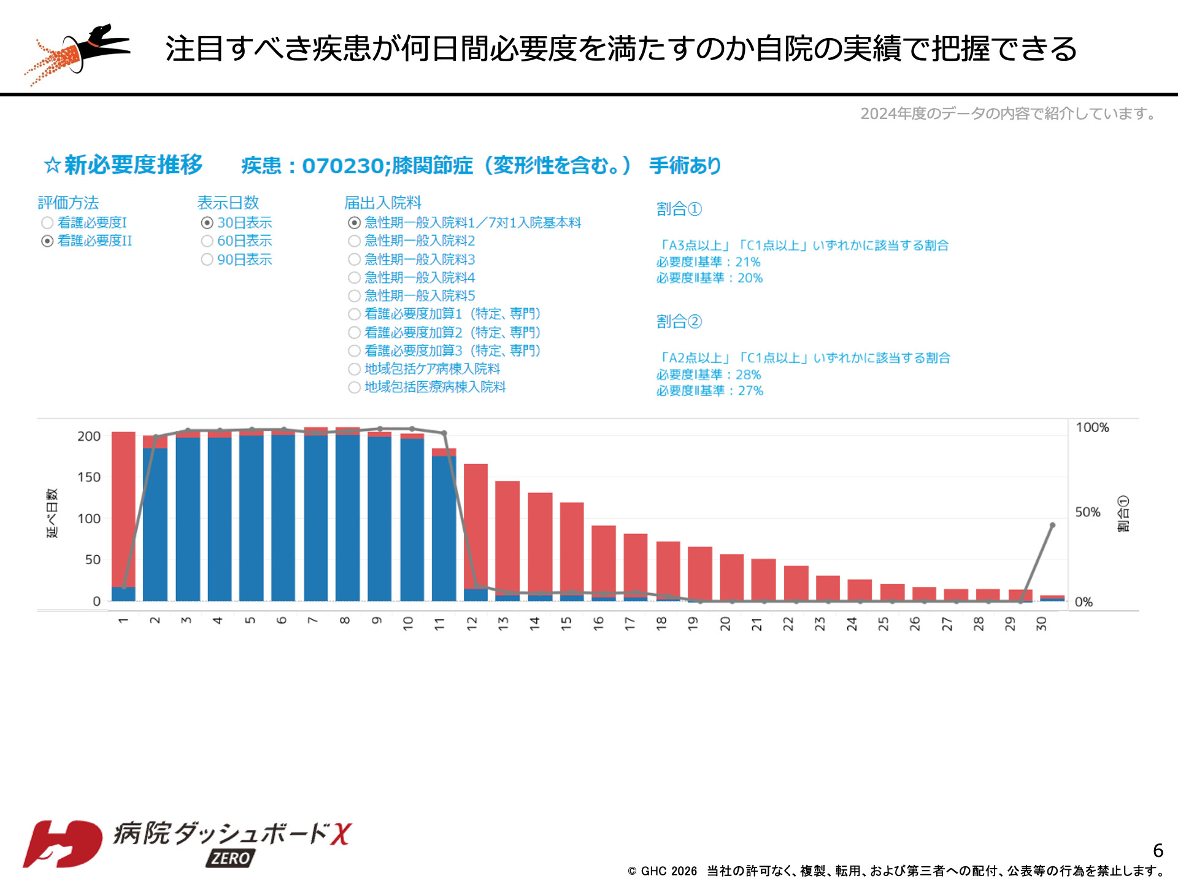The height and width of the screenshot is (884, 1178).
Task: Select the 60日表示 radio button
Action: [207, 241]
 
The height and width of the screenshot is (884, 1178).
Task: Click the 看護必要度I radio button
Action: [47, 223]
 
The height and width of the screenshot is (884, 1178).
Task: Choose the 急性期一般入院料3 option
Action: [355, 260]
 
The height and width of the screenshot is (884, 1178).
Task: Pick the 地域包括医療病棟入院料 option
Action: [355, 387]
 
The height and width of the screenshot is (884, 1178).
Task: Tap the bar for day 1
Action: [123, 510]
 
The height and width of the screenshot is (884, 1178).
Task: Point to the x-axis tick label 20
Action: [725, 624]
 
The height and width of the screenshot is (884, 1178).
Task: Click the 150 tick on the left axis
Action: [89, 477]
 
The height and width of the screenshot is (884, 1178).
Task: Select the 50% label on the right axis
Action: [1088, 512]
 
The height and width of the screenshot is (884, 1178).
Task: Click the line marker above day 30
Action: [1052, 525]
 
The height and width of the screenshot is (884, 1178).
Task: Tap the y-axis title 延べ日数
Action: [52, 513]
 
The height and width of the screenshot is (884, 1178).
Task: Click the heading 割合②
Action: [679, 321]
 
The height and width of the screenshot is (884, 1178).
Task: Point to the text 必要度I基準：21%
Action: [708, 262]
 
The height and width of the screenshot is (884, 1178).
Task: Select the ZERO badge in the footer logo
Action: [231, 858]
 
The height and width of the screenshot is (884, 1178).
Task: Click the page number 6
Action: [1158, 850]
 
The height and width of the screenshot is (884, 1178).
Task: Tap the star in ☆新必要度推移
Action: [52, 165]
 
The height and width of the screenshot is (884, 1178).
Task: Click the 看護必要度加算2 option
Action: [355, 333]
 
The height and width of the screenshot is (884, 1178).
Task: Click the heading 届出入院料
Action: [382, 203]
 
